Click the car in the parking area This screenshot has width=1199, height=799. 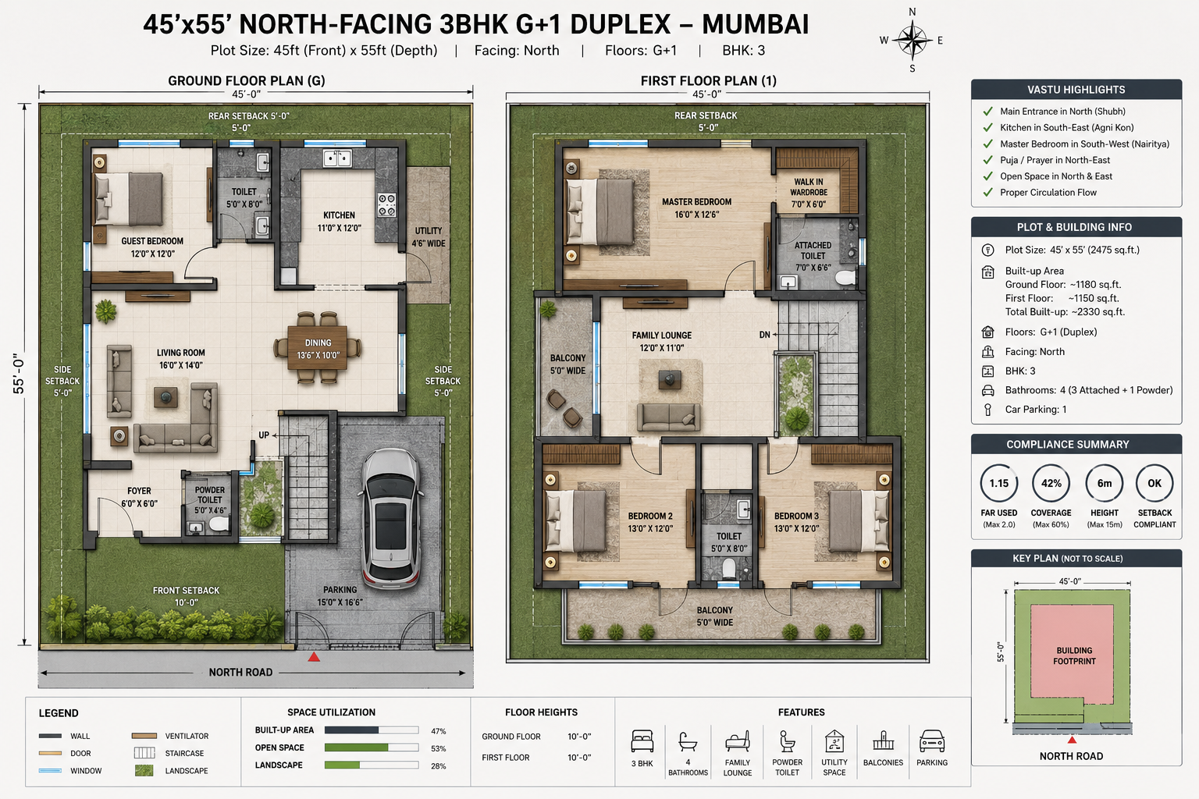tap(390, 519)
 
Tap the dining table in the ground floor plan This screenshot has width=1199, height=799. tap(318, 348)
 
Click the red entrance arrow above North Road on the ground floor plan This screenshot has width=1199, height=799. tap(314, 657)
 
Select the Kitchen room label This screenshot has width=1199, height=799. tap(339, 222)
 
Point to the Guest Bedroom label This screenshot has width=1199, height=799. tap(152, 247)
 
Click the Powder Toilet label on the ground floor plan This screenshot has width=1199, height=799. tap(210, 500)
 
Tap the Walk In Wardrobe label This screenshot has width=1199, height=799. tap(808, 193)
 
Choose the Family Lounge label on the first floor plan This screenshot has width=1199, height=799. tap(662, 342)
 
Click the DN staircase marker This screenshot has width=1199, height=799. tap(765, 335)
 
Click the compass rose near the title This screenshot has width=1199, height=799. tap(912, 41)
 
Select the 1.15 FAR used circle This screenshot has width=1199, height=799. tap(999, 483)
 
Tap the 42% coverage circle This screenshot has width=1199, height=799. tap(1051, 483)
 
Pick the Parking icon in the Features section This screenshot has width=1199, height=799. tap(932, 742)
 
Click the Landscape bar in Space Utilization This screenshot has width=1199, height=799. tap(372, 765)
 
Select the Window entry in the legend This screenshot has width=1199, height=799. tap(69, 771)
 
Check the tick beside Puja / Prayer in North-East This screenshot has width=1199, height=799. tap(987, 160)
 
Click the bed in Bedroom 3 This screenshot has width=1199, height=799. tap(858, 521)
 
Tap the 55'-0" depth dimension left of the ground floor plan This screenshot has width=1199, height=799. tap(20, 374)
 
